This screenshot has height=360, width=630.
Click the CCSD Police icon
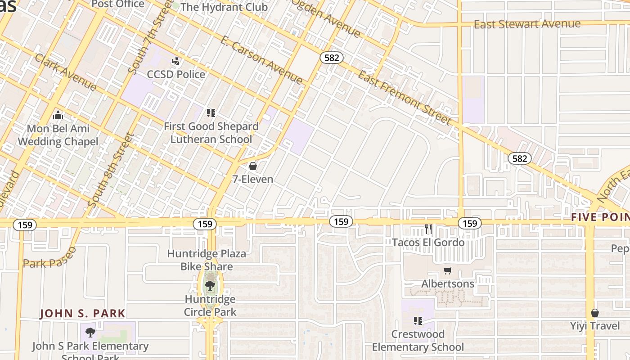(176, 61)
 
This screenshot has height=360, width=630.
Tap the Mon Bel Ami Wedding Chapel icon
(58, 116)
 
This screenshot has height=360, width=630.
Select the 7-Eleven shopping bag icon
(253, 166)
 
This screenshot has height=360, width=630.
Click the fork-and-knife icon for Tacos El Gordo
(428, 229)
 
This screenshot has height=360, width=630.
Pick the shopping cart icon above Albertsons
(447, 271)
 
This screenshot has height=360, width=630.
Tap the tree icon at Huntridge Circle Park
(210, 285)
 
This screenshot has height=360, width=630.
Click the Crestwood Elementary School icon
(418, 321)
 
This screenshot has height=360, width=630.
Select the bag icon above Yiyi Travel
(595, 312)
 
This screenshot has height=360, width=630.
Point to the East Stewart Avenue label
(527, 24)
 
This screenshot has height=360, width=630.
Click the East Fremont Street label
(404, 98)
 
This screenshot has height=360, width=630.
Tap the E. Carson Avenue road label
(261, 60)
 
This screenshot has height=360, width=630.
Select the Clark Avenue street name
(65, 72)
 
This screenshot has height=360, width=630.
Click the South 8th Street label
(111, 170)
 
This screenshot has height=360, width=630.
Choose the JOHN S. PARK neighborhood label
(82, 313)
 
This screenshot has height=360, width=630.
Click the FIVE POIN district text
(600, 217)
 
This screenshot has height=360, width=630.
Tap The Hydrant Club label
(224, 7)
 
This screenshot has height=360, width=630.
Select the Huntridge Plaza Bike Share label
(207, 260)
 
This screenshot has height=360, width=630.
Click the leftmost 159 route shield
(25, 225)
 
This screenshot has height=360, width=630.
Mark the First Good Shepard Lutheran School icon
(211, 112)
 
